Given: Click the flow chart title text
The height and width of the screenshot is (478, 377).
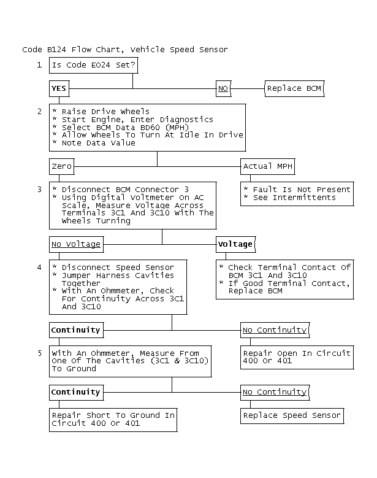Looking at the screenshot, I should pyautogui.click(x=124, y=49).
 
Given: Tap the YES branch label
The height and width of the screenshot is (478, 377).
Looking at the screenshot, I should pyautogui.click(x=59, y=88).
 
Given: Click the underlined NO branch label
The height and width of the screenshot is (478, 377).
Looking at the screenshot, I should pyautogui.click(x=223, y=88).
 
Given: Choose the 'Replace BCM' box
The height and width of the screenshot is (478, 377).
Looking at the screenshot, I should pyautogui.click(x=293, y=88).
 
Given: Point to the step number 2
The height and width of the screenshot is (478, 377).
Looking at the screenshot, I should pyautogui.click(x=39, y=111).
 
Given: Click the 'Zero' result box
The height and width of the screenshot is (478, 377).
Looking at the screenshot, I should pyautogui.click(x=61, y=166).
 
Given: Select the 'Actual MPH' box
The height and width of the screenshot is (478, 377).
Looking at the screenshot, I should pyautogui.click(x=266, y=166).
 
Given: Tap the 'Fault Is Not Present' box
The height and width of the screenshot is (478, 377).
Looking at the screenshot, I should pyautogui.click(x=297, y=193).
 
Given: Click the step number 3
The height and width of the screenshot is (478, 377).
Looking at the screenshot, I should pyautogui.click(x=39, y=189).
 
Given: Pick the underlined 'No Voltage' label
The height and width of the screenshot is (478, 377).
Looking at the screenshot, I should pyautogui.click(x=76, y=244).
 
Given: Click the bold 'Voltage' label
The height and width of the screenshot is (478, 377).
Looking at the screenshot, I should pyautogui.click(x=235, y=244).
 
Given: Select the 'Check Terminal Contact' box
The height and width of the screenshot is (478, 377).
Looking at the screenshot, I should pyautogui.click(x=284, y=279).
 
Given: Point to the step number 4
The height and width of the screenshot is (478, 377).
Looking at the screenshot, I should pyautogui.click(x=39, y=267).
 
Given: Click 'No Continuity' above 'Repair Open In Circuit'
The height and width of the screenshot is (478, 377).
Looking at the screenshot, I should pyautogui.click(x=275, y=330).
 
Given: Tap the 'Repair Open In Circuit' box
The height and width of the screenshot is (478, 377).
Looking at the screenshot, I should pyautogui.click(x=297, y=357).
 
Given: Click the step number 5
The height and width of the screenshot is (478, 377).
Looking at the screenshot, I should pyautogui.click(x=39, y=353).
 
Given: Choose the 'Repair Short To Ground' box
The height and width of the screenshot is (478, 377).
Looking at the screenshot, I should pyautogui.click(x=113, y=419).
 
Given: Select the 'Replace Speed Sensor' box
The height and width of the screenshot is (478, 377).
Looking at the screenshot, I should pyautogui.click(x=292, y=415).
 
